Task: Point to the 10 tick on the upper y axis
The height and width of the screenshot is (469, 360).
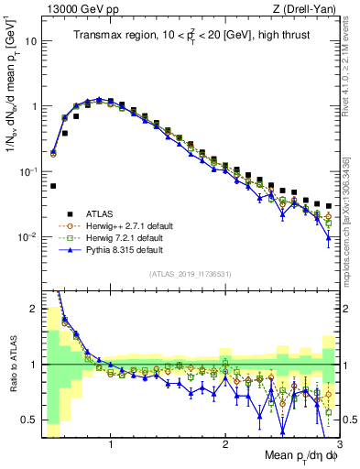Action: tap(32, 41)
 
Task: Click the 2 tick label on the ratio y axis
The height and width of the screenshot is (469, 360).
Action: tap(35, 310)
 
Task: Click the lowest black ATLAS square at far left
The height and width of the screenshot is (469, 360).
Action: tap(53, 186)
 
